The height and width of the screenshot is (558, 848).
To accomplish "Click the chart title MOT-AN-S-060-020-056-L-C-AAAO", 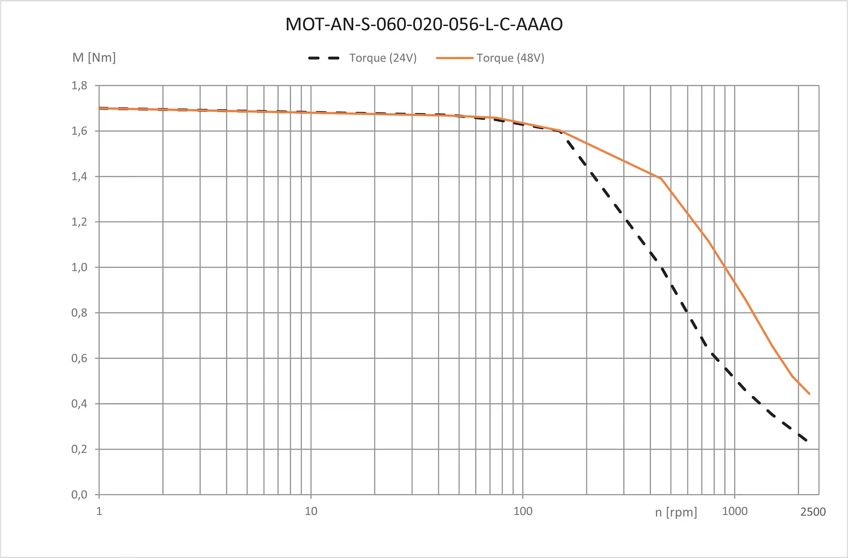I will point(424,24).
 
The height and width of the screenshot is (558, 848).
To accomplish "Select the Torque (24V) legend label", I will point(383,58).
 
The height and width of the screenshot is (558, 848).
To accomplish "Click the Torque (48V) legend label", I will point(510,58).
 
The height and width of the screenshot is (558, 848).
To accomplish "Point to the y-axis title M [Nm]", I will point(94,58).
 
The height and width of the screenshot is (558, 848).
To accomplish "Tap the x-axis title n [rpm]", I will point(676,512).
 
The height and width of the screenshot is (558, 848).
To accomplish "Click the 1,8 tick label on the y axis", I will point(79,86).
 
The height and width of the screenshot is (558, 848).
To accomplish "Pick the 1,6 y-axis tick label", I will point(79,131).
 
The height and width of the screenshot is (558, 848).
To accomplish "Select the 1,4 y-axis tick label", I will point(79,177).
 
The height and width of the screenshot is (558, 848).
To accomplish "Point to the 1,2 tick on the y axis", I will point(79,222).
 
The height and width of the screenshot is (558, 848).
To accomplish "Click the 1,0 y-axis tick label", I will point(79,267).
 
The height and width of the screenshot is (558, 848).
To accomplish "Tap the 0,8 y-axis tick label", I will point(79,313).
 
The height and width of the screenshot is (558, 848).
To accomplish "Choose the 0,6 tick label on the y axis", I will point(79,358).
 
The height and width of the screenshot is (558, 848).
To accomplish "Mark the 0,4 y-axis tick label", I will point(79,404).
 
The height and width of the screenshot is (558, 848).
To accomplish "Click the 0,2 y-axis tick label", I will point(79,449).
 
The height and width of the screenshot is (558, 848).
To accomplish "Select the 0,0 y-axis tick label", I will point(79,494).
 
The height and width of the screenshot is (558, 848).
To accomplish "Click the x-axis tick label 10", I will point(311,511).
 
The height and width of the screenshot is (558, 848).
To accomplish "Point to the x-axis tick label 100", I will point(523,511).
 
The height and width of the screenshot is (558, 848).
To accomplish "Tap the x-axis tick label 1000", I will point(735,511).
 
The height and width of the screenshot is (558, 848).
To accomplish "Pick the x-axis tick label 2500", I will point(813,512).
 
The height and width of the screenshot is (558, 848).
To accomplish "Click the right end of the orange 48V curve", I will point(809,394).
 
